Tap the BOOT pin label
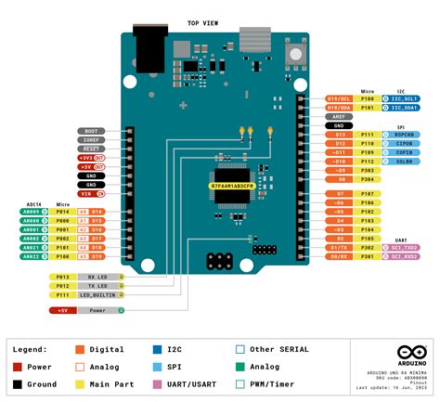click(90, 131)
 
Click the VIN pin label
click(88, 194)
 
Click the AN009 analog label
click(31, 212)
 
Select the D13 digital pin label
click(340, 135)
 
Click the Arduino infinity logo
click(408, 354)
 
